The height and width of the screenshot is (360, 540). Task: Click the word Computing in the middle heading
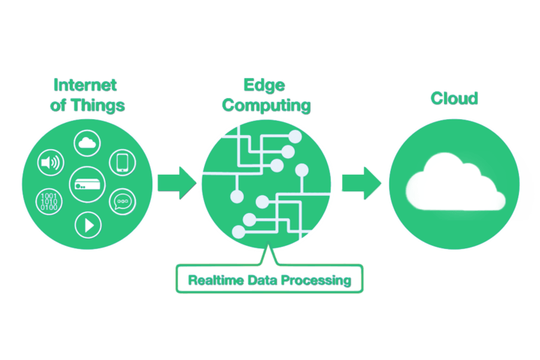(266, 105)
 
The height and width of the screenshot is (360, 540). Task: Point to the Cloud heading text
(454, 98)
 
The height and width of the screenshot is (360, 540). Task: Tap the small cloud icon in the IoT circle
(86, 142)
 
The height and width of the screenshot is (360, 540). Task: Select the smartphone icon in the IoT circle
(121, 162)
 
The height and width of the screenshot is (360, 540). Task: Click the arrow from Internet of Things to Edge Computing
(175, 183)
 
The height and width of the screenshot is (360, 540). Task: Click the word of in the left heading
(58, 105)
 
